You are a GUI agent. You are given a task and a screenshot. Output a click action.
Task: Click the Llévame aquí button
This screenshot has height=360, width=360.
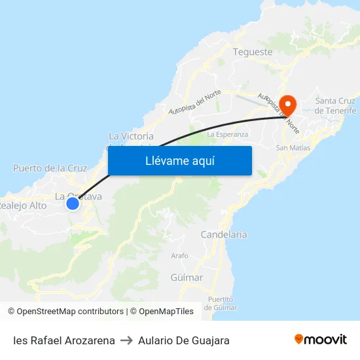(x=179, y=160)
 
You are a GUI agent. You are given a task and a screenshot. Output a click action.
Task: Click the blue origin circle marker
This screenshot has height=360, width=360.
(x=73, y=204)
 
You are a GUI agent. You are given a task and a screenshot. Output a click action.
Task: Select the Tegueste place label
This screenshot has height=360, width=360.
(x=253, y=52)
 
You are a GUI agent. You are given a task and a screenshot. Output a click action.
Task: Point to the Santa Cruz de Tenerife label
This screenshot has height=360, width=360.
(x=336, y=105)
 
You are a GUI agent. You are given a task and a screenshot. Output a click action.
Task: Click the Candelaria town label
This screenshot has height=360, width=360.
(x=224, y=234)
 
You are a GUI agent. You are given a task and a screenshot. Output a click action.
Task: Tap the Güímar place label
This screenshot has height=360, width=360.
(x=187, y=278)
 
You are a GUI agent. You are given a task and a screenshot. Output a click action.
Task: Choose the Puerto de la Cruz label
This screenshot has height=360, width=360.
(x=50, y=168)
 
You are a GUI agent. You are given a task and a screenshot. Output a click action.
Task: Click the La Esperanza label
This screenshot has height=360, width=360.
(x=227, y=134)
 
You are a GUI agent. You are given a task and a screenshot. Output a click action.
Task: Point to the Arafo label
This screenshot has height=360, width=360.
(x=179, y=255)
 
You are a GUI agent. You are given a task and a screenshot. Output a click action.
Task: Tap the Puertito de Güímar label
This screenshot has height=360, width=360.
(x=221, y=303)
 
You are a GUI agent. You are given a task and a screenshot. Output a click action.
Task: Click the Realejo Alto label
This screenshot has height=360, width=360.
(x=23, y=206)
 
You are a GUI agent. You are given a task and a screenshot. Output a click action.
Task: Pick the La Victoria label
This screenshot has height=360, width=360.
(x=132, y=136)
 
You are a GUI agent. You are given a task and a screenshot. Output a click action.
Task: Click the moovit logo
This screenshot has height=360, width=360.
(x=321, y=339)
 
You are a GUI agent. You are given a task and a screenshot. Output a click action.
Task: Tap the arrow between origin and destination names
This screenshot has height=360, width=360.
(x=126, y=340)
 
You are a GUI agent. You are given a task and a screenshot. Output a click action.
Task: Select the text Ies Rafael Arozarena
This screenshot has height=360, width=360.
(x=64, y=340)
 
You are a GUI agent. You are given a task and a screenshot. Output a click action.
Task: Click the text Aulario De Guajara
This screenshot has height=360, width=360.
(x=184, y=340)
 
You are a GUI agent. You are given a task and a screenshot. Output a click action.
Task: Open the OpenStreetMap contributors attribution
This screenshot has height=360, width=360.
(x=69, y=312)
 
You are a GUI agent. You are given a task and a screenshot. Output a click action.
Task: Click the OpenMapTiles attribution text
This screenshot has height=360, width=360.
(x=164, y=312)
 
